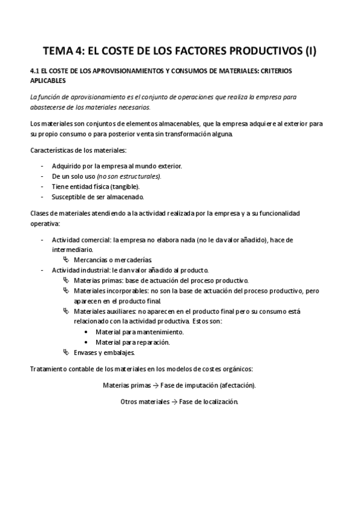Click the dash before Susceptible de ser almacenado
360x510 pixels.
click(41, 197)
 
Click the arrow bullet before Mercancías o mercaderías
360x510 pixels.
click(66, 260)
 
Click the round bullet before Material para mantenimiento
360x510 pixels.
click(88, 332)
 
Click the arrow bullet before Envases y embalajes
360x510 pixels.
click(66, 352)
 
